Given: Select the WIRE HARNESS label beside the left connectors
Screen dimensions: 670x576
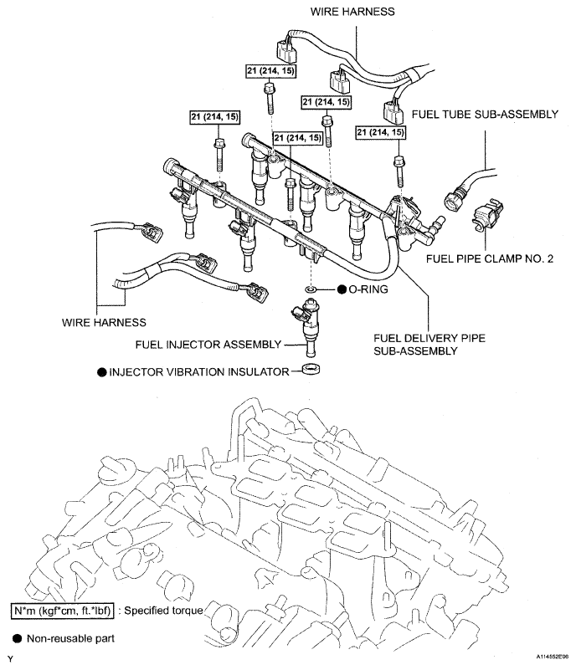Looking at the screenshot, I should tap(103, 321).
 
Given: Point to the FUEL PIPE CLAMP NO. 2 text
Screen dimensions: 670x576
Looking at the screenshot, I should tap(490, 259).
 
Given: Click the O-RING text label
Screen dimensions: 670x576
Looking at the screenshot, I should tap(369, 289).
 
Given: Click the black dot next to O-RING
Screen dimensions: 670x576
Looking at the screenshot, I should tap(341, 289).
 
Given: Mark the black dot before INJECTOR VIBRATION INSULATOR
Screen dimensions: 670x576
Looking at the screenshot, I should tap(100, 370).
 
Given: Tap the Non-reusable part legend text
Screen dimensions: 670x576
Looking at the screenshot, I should tap(70, 638).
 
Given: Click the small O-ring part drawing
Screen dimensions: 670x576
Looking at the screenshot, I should tap(311, 289).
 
